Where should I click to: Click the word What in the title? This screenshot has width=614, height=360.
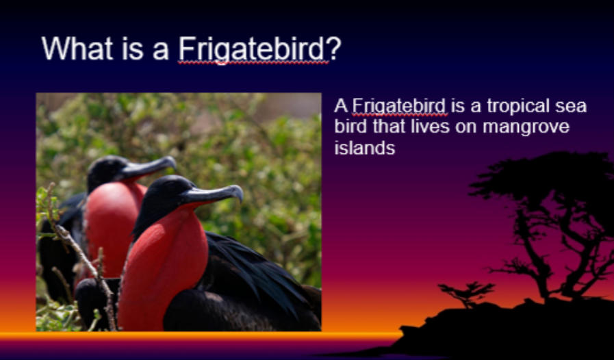(77, 48)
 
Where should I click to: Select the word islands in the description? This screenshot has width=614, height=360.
(365, 148)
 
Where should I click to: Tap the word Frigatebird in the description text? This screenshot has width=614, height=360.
(400, 107)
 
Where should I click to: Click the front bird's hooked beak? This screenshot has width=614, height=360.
(214, 194)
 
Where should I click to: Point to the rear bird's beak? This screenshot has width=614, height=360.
(149, 167)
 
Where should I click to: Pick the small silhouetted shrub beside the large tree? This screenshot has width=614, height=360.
(467, 294)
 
